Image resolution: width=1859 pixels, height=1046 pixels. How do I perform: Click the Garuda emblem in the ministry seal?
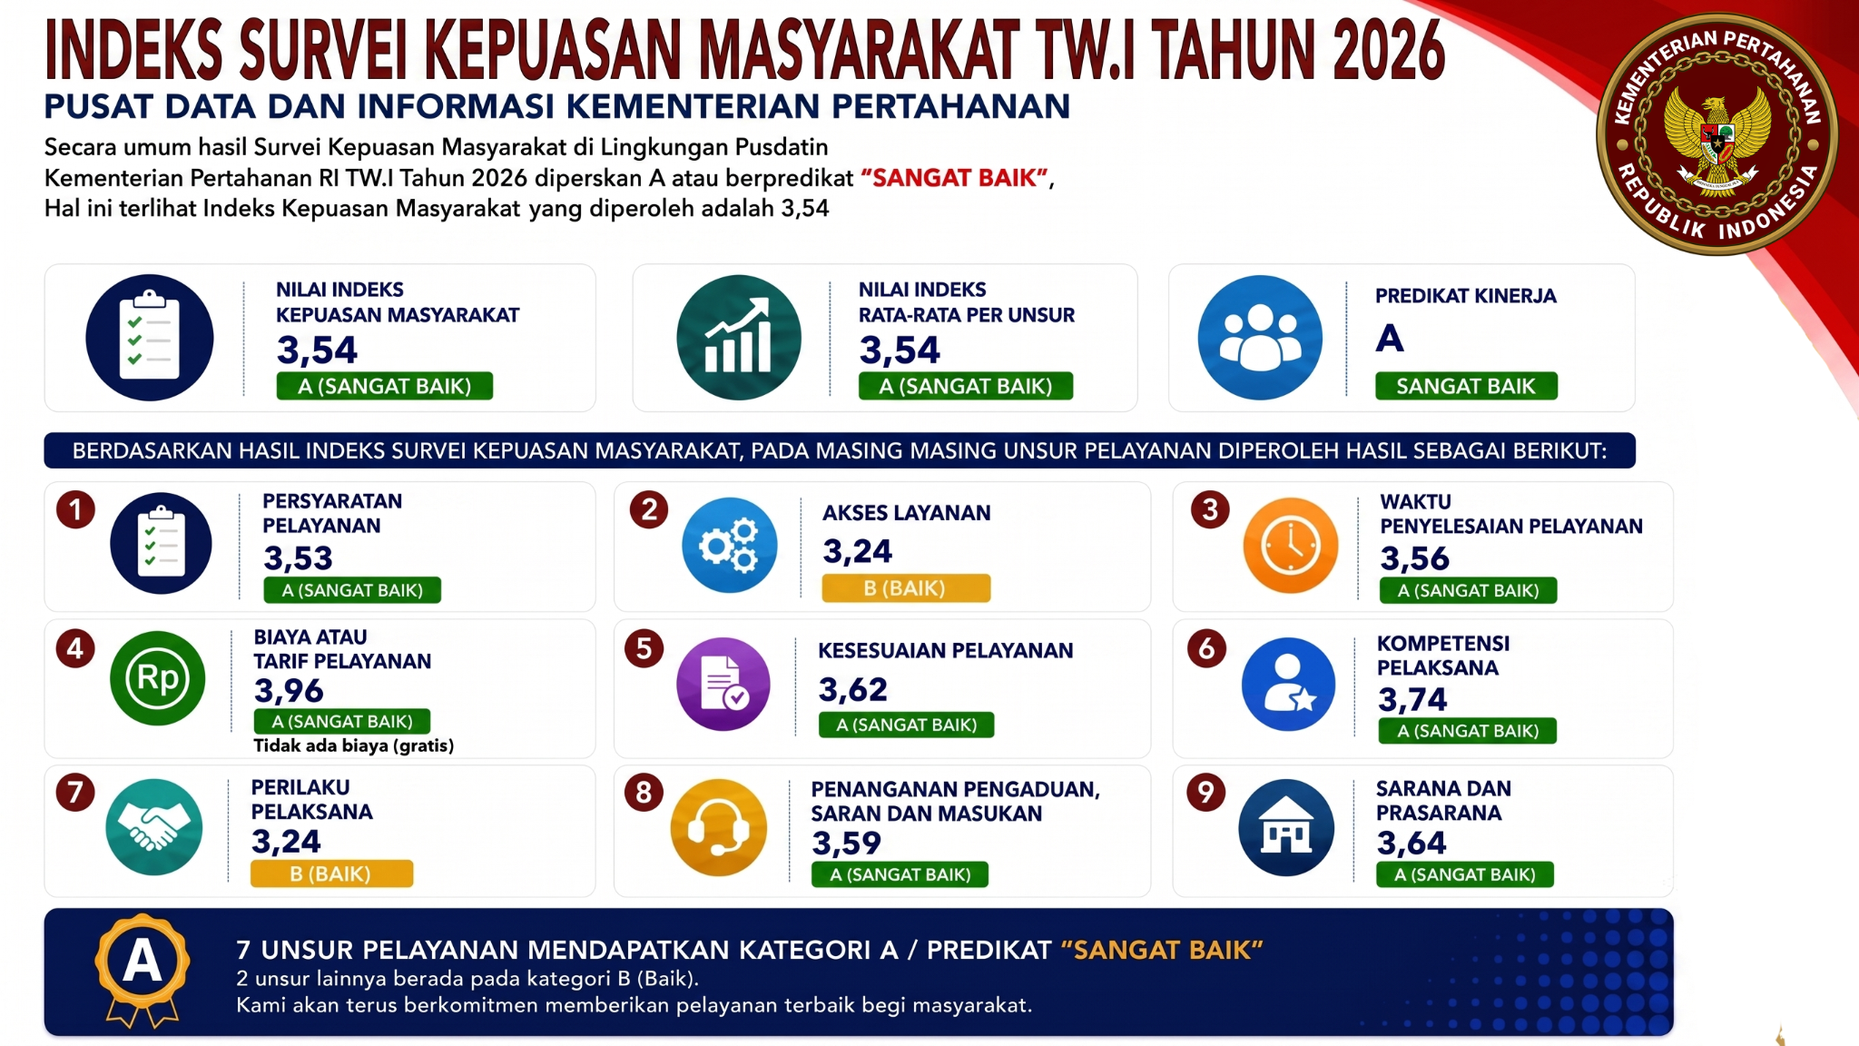1717,136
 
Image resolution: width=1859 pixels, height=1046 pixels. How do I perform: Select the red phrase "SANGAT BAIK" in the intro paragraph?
954,178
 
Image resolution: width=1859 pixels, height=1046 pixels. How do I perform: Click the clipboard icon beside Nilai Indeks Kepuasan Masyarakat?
150,338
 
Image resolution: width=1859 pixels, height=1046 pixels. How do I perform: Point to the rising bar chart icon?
739,338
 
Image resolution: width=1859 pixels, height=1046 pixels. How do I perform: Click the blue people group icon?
1260,338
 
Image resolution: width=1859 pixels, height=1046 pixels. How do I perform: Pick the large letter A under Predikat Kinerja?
1390,339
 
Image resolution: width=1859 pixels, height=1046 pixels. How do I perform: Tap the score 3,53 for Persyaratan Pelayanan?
298,558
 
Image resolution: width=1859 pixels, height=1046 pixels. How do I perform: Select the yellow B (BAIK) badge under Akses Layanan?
906,588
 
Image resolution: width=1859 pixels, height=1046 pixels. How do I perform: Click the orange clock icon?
1291,546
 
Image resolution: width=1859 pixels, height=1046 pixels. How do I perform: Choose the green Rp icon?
158,678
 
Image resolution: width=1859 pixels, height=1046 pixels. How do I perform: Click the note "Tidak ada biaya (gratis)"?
353,745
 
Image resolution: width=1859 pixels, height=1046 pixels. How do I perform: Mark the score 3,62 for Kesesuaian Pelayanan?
853,690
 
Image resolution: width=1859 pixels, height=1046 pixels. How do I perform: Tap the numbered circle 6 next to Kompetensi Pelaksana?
1206,648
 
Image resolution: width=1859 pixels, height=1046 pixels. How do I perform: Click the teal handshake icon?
154,827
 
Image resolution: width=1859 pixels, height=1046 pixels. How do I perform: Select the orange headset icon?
719,827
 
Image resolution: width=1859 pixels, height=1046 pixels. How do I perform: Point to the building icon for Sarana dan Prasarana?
1286,827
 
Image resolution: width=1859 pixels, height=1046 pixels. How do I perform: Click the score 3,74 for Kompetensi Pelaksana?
1412,700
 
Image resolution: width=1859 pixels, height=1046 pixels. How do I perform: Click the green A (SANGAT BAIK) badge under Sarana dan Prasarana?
1465,874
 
